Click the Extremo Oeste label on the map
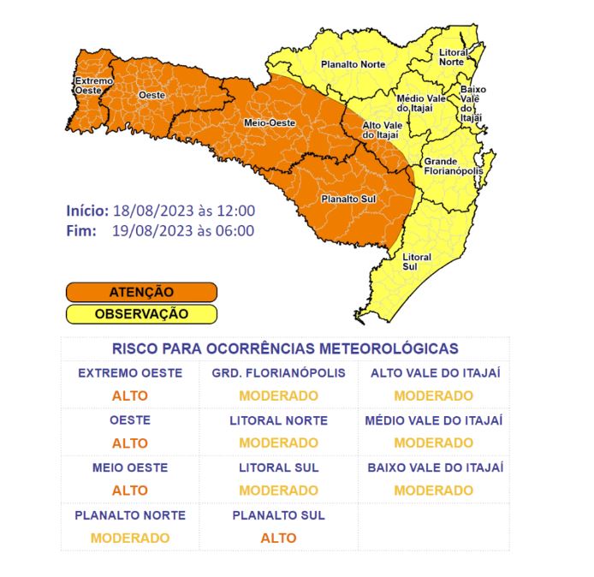tap(88, 85)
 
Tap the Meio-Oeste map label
tap(270, 122)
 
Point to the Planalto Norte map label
tap(353, 64)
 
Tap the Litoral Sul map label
tap(417, 261)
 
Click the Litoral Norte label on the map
tap(451, 57)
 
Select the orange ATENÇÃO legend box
tap(141, 292)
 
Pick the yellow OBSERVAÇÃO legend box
tap(141, 313)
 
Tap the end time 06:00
tap(235, 230)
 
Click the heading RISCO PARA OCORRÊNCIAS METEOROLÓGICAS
tap(285, 348)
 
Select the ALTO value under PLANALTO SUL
tap(278, 538)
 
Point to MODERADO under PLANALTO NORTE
tap(129, 538)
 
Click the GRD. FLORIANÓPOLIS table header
tap(278, 373)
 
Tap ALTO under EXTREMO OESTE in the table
tap(129, 396)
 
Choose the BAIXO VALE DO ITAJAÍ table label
tap(434, 467)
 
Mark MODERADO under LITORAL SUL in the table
tap(278, 491)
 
